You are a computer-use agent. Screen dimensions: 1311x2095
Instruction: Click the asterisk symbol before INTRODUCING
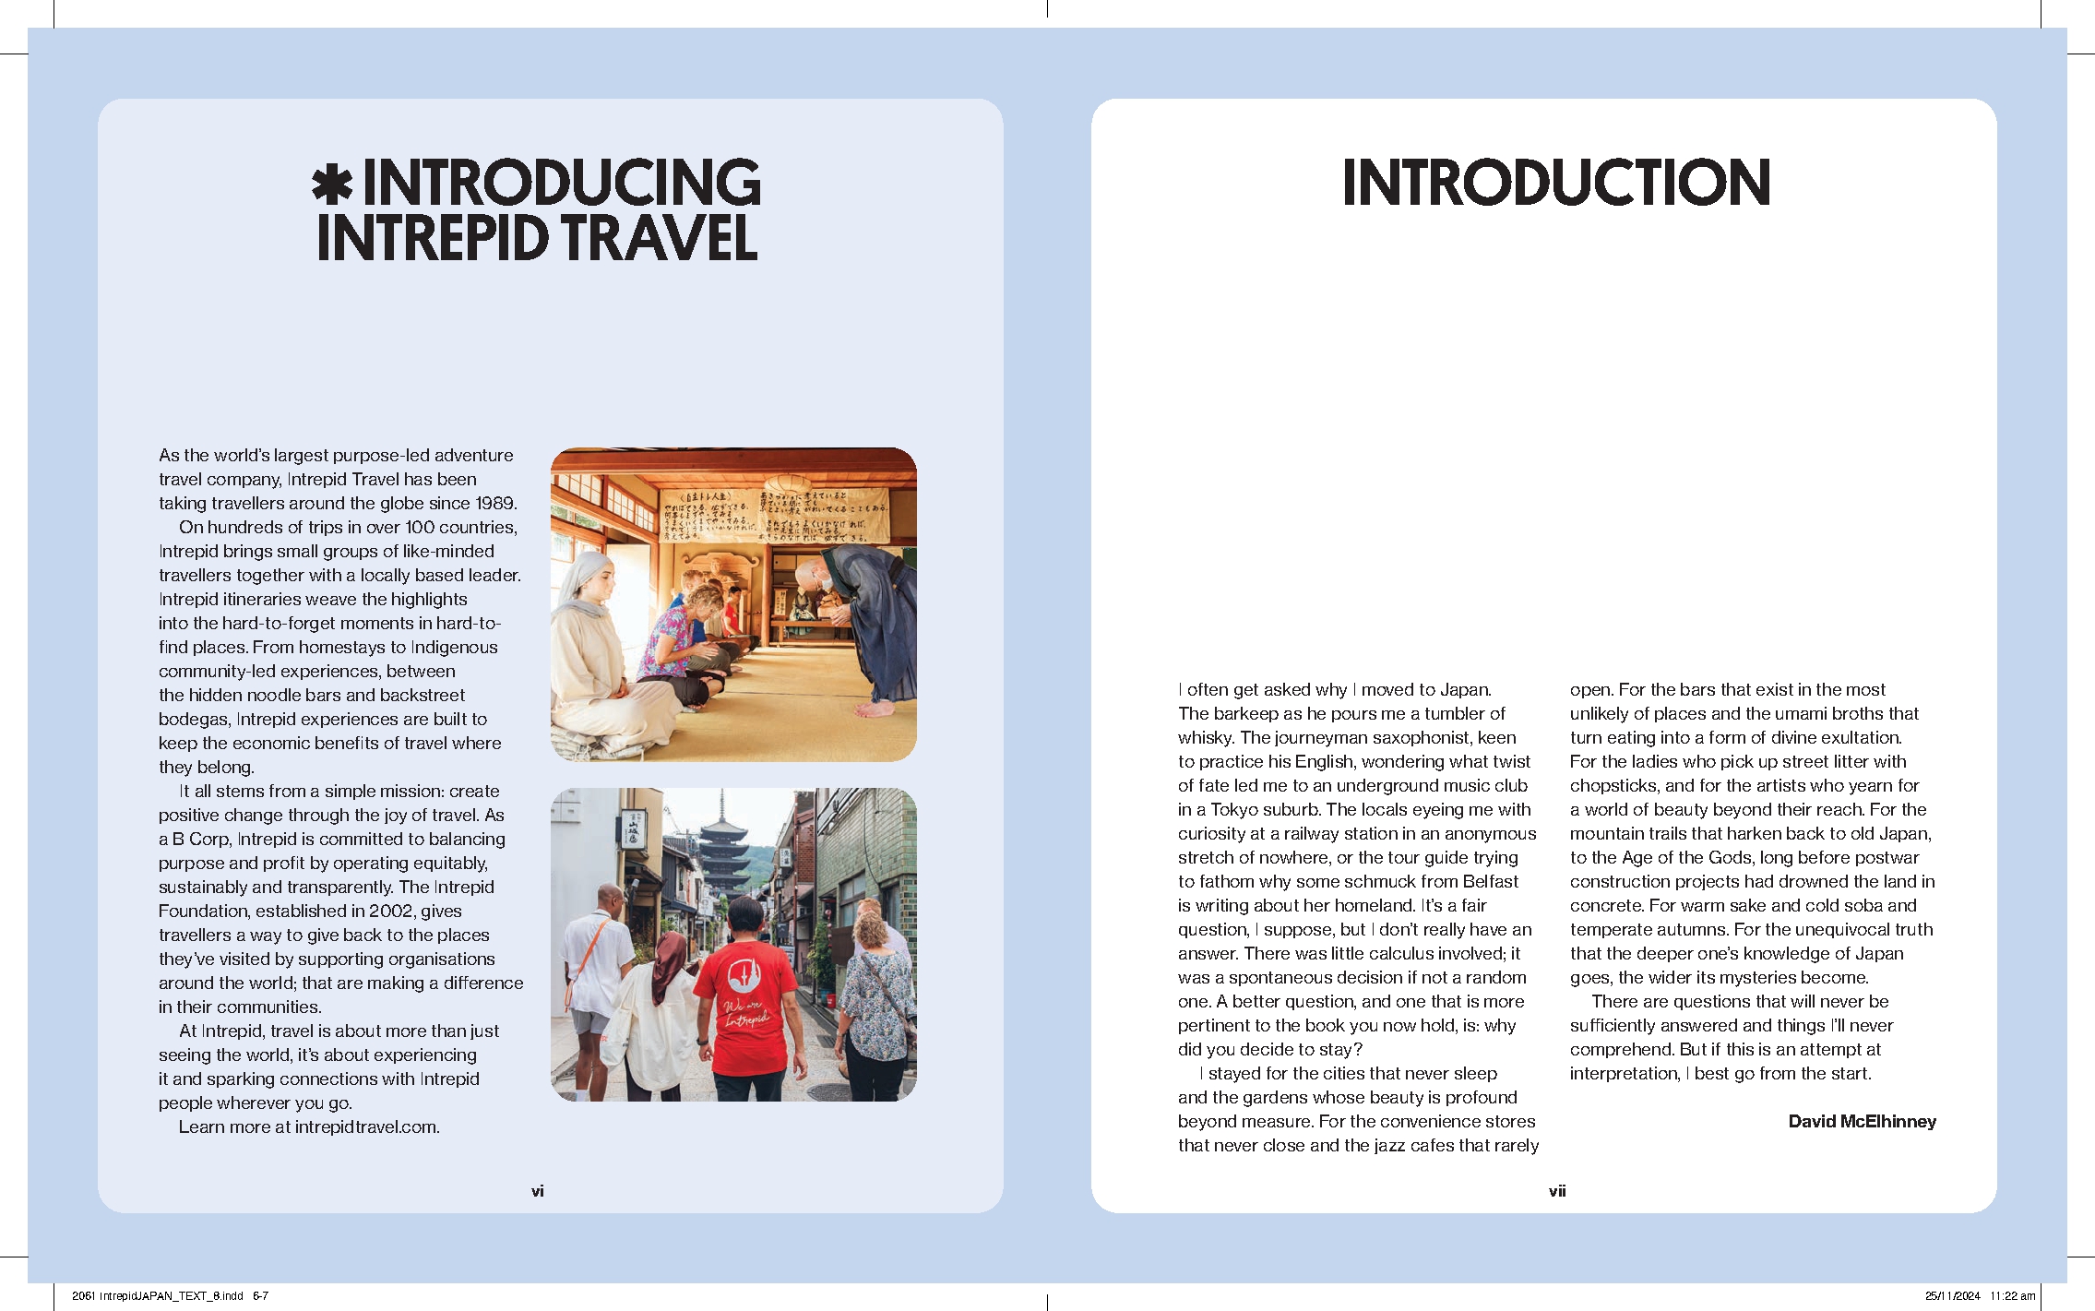[x=332, y=184]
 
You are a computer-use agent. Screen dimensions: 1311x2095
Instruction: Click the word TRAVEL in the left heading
[x=660, y=237]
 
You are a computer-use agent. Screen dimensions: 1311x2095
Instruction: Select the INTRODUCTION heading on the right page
[x=1556, y=182]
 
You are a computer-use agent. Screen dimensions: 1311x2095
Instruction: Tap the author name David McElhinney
[x=1862, y=1121]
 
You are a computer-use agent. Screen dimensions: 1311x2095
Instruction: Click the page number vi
[x=537, y=1191]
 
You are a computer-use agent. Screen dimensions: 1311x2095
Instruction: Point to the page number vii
[x=1557, y=1191]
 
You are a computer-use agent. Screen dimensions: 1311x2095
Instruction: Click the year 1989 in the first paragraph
[x=495, y=503]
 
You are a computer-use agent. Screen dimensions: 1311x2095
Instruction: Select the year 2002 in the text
[x=391, y=911]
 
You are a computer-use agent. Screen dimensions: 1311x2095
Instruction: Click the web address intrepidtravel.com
[x=366, y=1126]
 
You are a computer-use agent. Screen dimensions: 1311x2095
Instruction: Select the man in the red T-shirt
[x=744, y=996]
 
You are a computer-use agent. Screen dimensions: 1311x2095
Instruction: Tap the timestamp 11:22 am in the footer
[x=2013, y=1295]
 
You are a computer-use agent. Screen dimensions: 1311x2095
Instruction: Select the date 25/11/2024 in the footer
[x=1952, y=1295]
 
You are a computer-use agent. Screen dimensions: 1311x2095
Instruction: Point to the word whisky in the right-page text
[x=1204, y=737]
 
